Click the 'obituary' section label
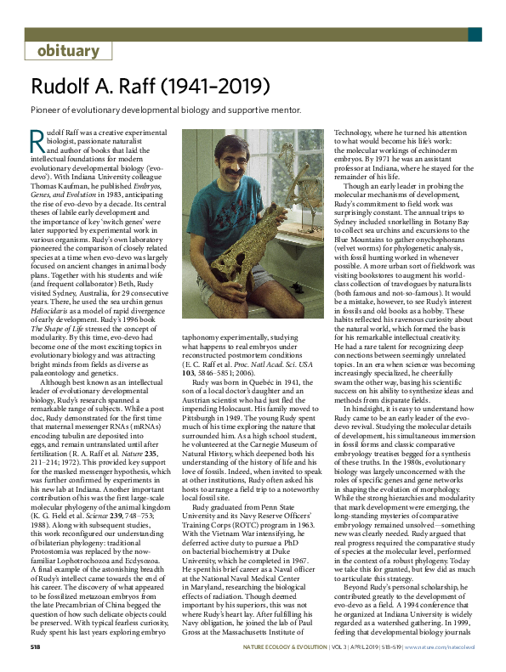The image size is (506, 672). point(69,51)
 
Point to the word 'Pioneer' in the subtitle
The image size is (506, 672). point(49,109)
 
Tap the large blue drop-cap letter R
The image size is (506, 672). point(36,139)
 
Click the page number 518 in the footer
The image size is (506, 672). point(37,649)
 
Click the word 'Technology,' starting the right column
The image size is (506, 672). point(356,133)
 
